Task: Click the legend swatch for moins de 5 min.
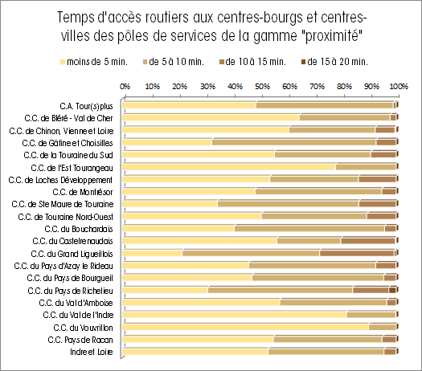(x=63, y=62)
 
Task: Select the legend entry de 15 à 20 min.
(x=335, y=62)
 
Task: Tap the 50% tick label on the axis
(x=262, y=87)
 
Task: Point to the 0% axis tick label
(x=125, y=87)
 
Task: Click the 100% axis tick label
(x=399, y=87)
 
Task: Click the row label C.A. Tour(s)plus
(x=86, y=106)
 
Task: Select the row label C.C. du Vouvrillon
(x=83, y=328)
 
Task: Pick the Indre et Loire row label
(x=92, y=352)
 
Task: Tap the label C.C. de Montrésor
(x=83, y=192)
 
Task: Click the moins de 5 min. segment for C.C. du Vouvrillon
(x=245, y=328)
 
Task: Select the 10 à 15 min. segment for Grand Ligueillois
(x=358, y=253)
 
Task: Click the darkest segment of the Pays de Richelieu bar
(x=392, y=291)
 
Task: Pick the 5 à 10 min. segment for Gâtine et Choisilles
(x=294, y=142)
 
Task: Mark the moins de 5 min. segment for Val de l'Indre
(x=235, y=315)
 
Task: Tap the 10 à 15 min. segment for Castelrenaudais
(x=368, y=241)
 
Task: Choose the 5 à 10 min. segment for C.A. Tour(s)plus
(x=325, y=105)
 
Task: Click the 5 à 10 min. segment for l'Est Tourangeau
(x=366, y=167)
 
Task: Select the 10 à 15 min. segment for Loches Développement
(x=377, y=179)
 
